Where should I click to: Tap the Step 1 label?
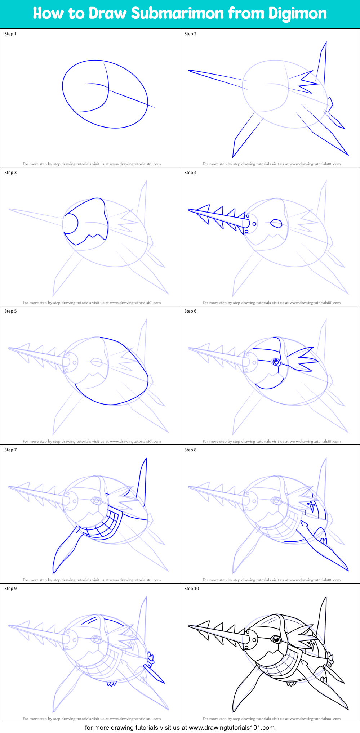click(x=10, y=34)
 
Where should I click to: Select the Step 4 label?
click(x=190, y=173)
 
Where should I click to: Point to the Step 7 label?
click(x=10, y=450)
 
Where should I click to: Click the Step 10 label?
click(x=191, y=589)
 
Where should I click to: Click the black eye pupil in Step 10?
click(x=276, y=639)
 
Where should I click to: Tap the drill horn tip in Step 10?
click(x=190, y=627)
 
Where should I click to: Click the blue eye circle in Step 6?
click(x=276, y=362)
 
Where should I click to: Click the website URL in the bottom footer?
click(x=231, y=728)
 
